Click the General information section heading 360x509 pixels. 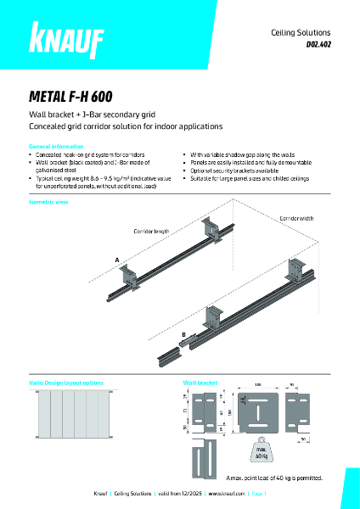(x=57, y=146)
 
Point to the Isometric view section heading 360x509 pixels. (x=49, y=203)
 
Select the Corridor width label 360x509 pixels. (x=295, y=219)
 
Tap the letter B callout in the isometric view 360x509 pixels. (x=183, y=335)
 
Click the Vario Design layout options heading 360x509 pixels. (x=68, y=382)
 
